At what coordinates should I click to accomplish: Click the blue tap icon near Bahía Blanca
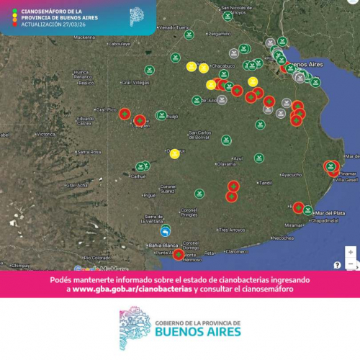(166, 231)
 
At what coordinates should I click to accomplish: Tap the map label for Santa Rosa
(89, 152)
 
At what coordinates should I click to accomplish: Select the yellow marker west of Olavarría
(174, 153)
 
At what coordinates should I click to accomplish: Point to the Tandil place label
(266, 183)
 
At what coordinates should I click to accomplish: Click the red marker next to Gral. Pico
(124, 114)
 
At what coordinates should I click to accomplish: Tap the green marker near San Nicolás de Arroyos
(227, 15)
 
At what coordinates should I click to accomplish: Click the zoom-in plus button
(351, 252)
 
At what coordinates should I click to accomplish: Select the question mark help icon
(337, 265)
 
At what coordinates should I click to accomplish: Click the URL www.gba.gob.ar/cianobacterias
(132, 289)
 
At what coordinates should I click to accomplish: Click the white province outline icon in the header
(136, 17)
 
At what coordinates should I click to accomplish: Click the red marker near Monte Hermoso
(179, 253)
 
